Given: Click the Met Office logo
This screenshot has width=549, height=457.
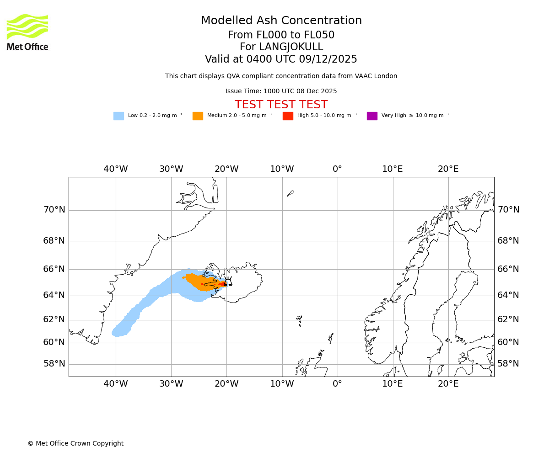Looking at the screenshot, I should (x=27, y=32).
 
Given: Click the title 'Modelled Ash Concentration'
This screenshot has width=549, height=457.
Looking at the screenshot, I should (x=281, y=21).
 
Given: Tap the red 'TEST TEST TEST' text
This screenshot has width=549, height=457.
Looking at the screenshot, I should (x=281, y=105).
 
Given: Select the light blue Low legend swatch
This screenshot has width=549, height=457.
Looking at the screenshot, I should (x=118, y=116).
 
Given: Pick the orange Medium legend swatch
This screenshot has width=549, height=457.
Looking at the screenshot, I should (x=198, y=116).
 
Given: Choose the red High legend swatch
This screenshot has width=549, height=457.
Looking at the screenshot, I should (x=288, y=116).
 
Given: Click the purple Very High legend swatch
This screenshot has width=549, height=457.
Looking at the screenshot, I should (x=372, y=116).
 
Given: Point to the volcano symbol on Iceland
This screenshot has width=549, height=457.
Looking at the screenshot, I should (x=228, y=282).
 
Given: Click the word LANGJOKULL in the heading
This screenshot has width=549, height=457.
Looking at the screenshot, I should (x=291, y=47).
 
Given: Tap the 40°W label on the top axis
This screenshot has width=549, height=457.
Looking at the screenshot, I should (x=116, y=169).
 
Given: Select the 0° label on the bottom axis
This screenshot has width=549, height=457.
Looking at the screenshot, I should (x=337, y=384).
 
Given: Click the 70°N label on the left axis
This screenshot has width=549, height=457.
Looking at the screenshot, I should (x=54, y=210).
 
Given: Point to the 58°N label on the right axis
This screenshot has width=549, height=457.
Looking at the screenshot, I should (x=508, y=364).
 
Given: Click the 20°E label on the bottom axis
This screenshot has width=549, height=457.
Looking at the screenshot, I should (x=448, y=384).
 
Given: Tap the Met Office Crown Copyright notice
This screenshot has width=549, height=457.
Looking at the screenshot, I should (x=75, y=444).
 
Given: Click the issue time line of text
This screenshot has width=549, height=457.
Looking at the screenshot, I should (x=281, y=91).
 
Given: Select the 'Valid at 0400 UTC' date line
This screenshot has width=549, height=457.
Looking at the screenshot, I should (x=281, y=59).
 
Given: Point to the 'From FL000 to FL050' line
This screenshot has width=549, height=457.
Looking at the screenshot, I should (x=281, y=35).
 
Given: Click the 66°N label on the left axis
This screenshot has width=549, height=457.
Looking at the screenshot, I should (x=54, y=269).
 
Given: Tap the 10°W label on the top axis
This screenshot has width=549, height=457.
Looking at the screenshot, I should (x=282, y=169).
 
